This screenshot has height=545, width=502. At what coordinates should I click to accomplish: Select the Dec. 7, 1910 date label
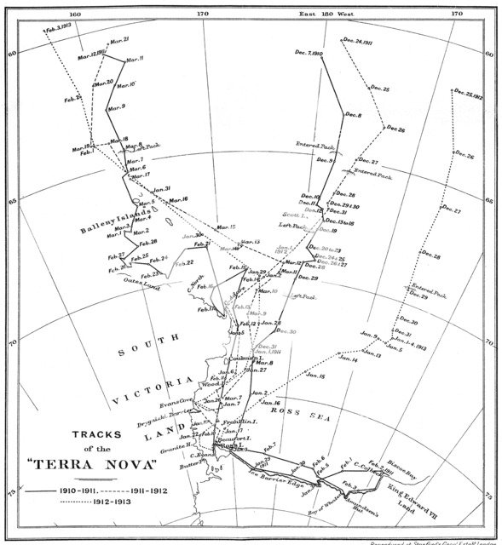[x=307, y=54]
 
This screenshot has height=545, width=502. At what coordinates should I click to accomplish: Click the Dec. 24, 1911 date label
[x=358, y=40]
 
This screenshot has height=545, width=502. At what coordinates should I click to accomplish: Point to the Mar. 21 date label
[x=116, y=39]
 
